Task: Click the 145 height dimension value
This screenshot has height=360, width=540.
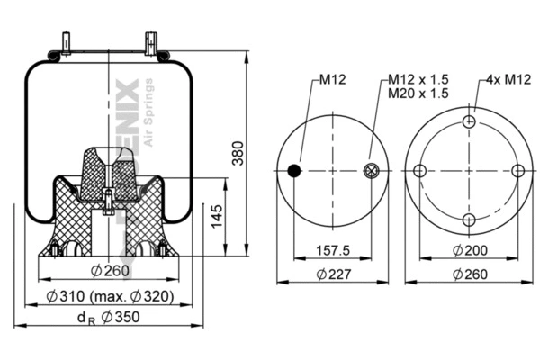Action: pyautogui.click(x=216, y=216)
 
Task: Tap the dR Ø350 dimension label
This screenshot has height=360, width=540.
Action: pyautogui.click(x=108, y=317)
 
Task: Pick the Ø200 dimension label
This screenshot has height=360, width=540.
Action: pyautogui.click(x=469, y=252)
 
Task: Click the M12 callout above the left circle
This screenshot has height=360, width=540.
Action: pyautogui.click(x=334, y=80)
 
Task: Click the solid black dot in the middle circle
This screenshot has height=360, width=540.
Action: pyautogui.click(x=293, y=171)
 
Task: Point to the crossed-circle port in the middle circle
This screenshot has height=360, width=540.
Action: pyautogui.click(x=370, y=171)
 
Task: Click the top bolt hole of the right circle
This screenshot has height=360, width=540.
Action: pyautogui.click(x=468, y=122)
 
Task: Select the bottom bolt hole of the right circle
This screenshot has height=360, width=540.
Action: pyautogui.click(x=468, y=220)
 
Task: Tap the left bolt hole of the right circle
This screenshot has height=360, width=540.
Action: pyautogui.click(x=419, y=171)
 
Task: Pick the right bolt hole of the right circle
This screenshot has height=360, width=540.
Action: pyautogui.click(x=517, y=171)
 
